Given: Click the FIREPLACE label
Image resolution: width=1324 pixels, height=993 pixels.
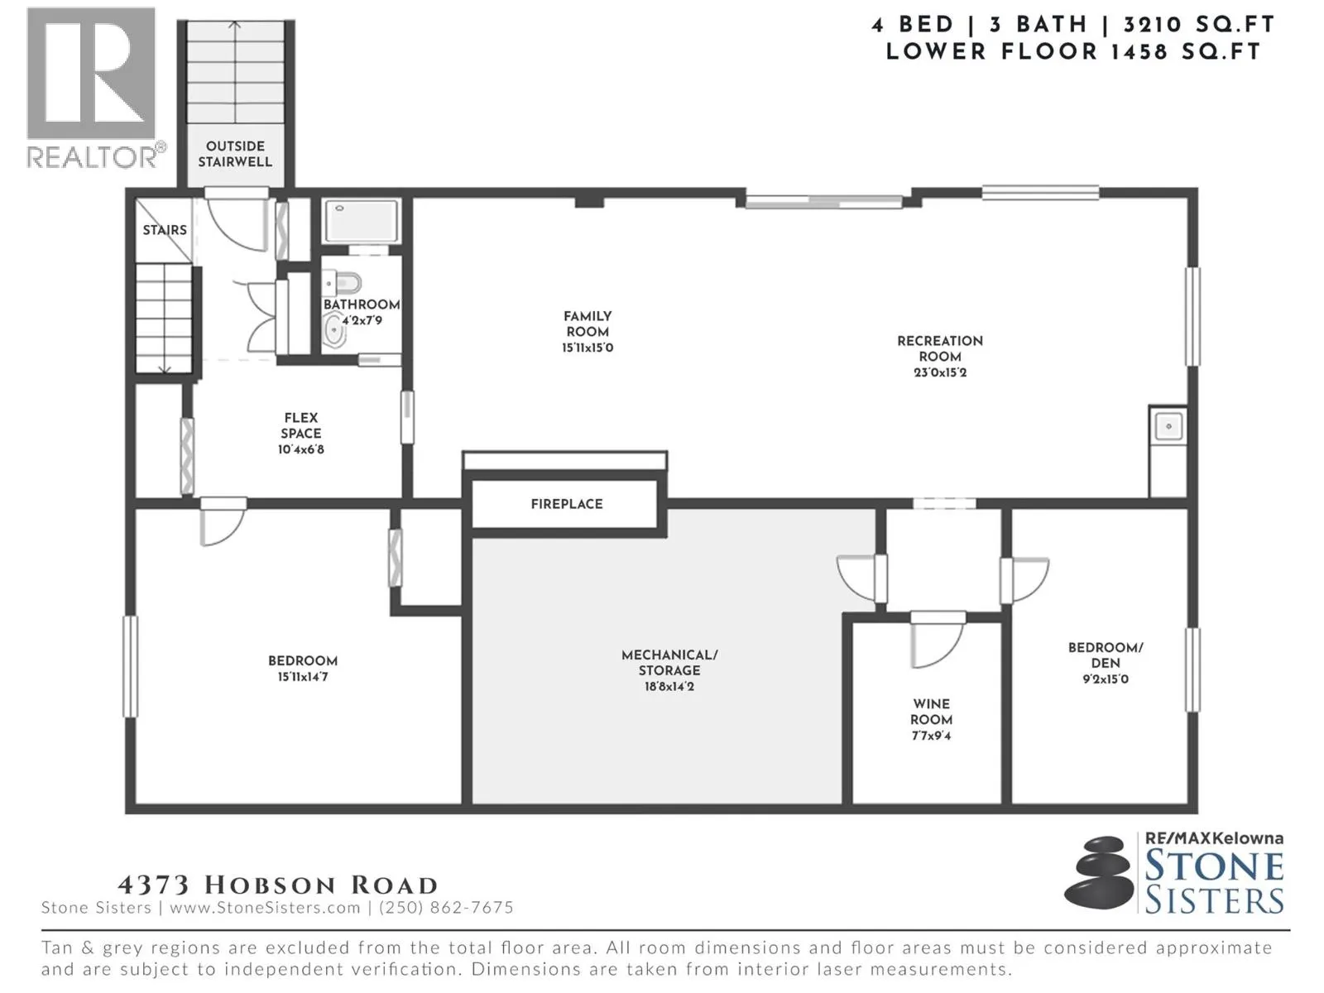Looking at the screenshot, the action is pyautogui.click(x=566, y=504).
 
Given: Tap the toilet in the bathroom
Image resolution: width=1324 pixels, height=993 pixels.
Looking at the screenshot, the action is pyautogui.click(x=343, y=282).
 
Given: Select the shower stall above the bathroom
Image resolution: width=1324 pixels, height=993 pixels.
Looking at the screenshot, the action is pyautogui.click(x=362, y=221).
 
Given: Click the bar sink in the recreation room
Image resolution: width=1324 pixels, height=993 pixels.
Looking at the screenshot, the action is pyautogui.click(x=1168, y=427).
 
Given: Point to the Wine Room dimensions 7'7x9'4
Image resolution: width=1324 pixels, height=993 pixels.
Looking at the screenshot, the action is pyautogui.click(x=931, y=736).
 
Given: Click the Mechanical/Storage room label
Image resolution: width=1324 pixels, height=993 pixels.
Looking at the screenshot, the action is pyautogui.click(x=669, y=663).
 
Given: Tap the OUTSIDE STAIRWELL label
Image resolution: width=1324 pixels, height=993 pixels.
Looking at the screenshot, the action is pyautogui.click(x=235, y=154).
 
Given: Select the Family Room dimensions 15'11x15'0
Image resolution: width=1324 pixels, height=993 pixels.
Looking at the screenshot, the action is pyautogui.click(x=588, y=348).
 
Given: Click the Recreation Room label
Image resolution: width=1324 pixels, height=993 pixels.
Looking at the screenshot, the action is pyautogui.click(x=940, y=348).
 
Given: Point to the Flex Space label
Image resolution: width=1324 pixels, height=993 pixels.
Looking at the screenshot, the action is pyautogui.click(x=301, y=425).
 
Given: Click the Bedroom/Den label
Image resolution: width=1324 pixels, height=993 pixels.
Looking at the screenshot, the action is pyautogui.click(x=1106, y=655).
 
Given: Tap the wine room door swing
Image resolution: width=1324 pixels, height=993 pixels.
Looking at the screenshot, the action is pyautogui.click(x=937, y=643).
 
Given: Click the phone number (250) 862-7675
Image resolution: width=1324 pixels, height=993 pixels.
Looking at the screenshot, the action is pyautogui.click(x=446, y=908).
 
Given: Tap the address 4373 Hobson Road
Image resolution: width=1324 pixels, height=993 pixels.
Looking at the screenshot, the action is pyautogui.click(x=277, y=885).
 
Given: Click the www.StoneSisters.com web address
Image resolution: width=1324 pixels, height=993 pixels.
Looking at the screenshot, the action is pyautogui.click(x=265, y=908).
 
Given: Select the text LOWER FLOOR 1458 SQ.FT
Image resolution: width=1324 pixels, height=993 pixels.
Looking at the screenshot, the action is pyautogui.click(x=1073, y=52).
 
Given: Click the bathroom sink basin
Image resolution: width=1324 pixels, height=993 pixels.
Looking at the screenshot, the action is pyautogui.click(x=333, y=330).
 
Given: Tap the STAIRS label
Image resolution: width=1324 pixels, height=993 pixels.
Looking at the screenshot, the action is pyautogui.click(x=165, y=230).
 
